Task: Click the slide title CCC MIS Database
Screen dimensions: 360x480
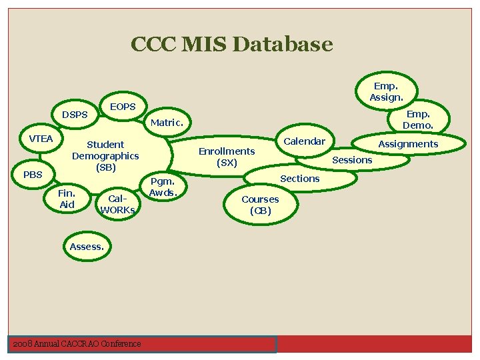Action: (231, 45)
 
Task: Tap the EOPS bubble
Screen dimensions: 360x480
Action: (123, 107)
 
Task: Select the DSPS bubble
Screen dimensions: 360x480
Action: (75, 115)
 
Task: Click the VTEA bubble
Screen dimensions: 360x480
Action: (41, 139)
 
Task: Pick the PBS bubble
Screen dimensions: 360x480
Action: (33, 175)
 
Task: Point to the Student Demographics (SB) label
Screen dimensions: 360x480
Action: (105, 155)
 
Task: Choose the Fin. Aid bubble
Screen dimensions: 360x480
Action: (67, 199)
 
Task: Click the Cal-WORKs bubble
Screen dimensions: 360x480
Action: (117, 204)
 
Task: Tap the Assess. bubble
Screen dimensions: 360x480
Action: (87, 247)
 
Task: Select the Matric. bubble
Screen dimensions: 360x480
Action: (167, 123)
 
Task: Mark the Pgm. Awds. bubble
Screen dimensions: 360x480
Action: (162, 187)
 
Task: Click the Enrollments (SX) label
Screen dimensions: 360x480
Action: (227, 157)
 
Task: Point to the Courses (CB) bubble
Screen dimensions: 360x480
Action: (260, 205)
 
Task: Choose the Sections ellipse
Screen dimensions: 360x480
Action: (300, 179)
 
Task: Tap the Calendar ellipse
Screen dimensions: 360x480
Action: (305, 141)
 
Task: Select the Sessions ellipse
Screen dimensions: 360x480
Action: (352, 160)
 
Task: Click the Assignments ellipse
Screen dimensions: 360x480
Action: (408, 143)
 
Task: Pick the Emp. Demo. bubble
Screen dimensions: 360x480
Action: (418, 120)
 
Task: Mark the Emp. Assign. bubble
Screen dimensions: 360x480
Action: (386, 92)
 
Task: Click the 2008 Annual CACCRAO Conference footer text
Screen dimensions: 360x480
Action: (77, 343)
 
